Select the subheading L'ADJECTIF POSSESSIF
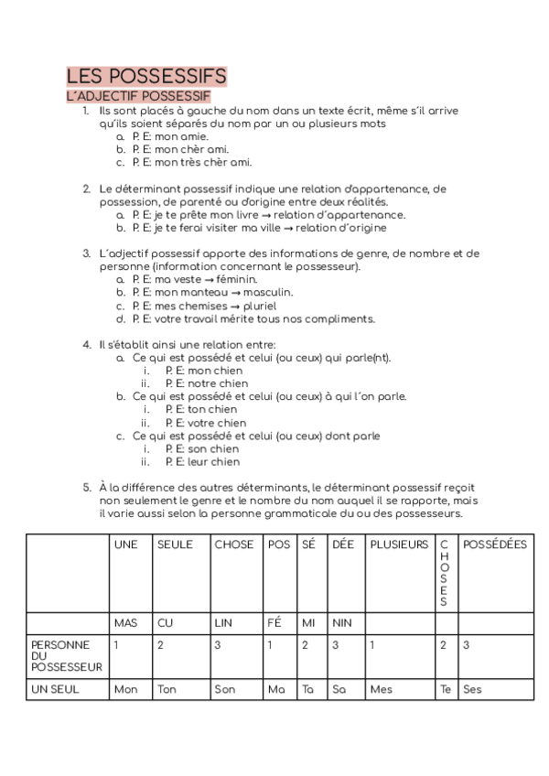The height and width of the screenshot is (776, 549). coord(139,95)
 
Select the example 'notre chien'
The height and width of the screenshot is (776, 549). coord(206,383)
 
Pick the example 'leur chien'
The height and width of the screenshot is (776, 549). coord(202,462)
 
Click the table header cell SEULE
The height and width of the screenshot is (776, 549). coord(175,544)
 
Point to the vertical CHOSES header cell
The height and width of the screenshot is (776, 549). coord(444,573)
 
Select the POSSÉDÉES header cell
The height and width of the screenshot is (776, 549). coord(495,544)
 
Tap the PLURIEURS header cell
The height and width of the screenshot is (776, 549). coord(398,544)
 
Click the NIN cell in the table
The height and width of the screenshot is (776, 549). coord(342,623)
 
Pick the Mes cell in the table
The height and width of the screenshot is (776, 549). coord(379,690)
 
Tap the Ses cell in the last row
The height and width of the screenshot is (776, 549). coord(473,690)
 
